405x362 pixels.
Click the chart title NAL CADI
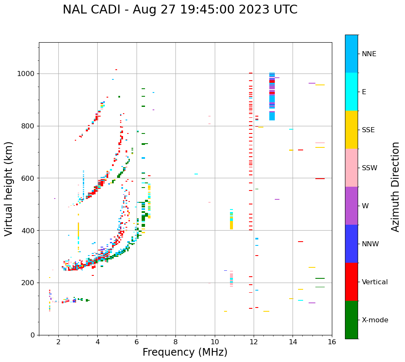[180, 10]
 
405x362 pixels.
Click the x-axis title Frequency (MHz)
[185, 352]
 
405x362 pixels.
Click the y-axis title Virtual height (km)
[9, 189]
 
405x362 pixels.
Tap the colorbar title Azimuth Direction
[395, 187]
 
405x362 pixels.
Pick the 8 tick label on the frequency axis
[176, 342]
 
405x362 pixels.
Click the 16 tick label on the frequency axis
[332, 342]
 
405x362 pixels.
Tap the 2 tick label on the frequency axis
[58, 342]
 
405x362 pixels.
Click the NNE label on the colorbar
[369, 54]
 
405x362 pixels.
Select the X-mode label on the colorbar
[375, 320]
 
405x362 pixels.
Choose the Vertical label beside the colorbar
[375, 282]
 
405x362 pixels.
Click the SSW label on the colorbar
[369, 168]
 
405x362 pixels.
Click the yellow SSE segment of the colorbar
[351, 130]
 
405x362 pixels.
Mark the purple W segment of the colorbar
[351, 206]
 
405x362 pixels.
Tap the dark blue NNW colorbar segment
[351, 244]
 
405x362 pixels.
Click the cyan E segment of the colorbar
[351, 92]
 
